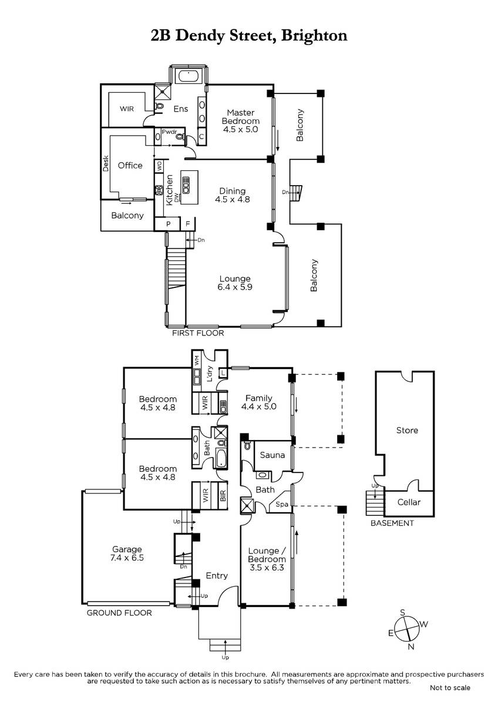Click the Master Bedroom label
[x=241, y=117]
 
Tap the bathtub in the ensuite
[x=188, y=76]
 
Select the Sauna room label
[x=272, y=455]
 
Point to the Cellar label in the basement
[x=409, y=502]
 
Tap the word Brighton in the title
[x=314, y=36]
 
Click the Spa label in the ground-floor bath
[x=282, y=504]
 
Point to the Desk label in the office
[x=106, y=163]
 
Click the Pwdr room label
[x=170, y=132]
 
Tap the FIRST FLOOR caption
[x=198, y=333]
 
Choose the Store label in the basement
[x=407, y=430]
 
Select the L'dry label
[x=210, y=374]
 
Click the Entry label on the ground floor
[x=217, y=575]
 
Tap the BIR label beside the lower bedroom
[x=223, y=496]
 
